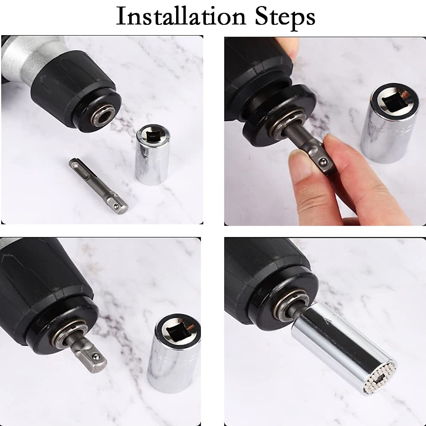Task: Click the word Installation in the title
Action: (181, 16)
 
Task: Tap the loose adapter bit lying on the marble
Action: (98, 186)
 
